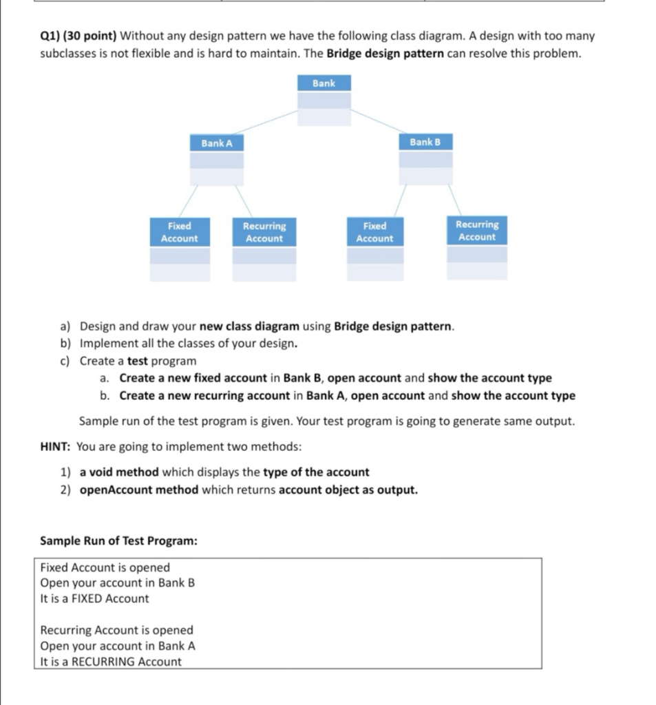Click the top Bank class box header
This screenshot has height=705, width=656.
point(324,83)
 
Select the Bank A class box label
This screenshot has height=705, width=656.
point(217,143)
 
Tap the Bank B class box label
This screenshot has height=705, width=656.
point(425,142)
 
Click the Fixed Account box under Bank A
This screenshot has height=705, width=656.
point(179,232)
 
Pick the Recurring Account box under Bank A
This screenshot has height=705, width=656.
point(264,232)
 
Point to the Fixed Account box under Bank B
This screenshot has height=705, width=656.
point(374,232)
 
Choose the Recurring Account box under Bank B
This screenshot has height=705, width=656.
point(476,231)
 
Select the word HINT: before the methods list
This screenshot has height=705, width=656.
point(56,446)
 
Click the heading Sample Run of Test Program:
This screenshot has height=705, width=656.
point(118,540)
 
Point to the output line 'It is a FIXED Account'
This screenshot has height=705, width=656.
point(94,598)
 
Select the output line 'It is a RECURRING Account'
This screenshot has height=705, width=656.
point(111,662)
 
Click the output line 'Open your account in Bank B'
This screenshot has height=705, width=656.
point(117,582)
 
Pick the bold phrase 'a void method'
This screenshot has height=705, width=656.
point(119,472)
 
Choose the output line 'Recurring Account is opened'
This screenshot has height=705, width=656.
point(116,630)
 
